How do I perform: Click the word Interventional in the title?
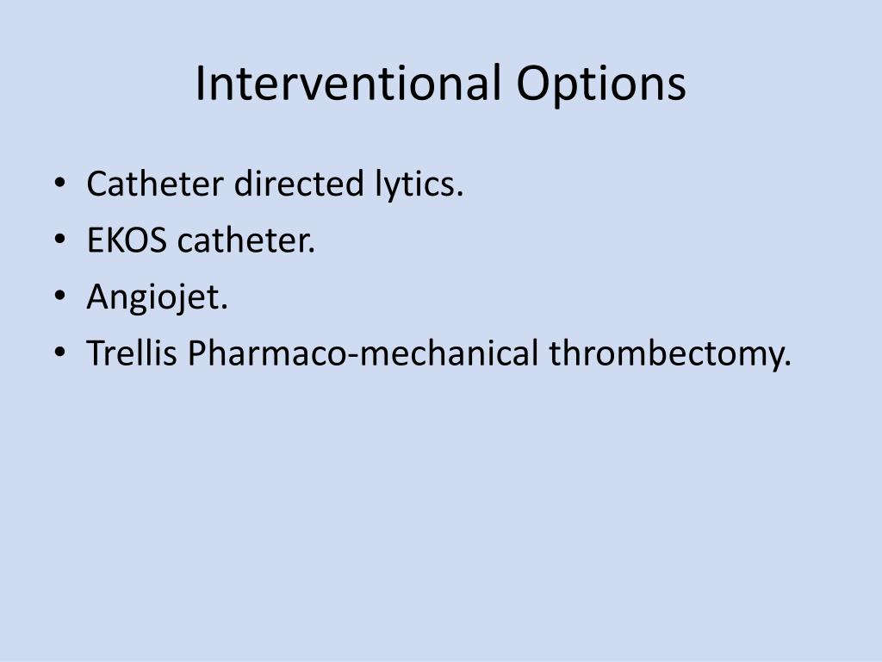349,84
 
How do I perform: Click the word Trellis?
133,353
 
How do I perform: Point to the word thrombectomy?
670,353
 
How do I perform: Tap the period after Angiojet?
225,308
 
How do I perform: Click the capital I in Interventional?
200,84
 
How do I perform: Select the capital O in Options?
535,84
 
